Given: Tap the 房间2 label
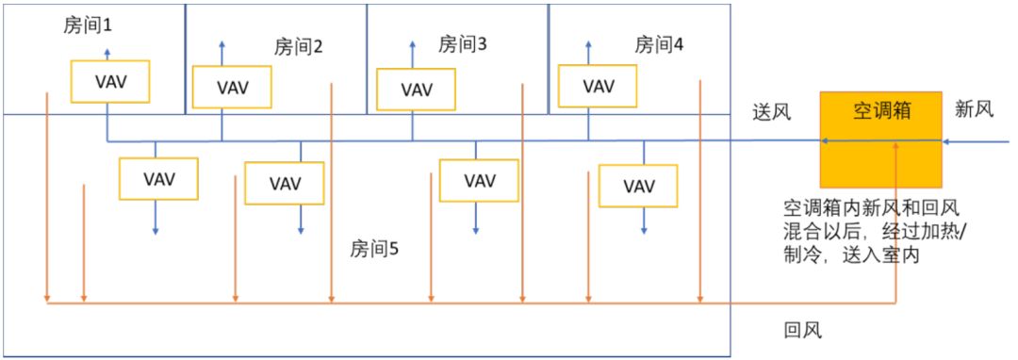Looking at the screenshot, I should [299, 46].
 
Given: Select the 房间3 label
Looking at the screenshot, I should [462, 44].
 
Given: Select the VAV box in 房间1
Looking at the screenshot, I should [111, 82].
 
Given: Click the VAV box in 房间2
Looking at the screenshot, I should [232, 87].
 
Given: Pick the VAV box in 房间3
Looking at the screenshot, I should [417, 90].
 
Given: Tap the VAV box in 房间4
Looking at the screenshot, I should [598, 86].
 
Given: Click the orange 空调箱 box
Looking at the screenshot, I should [880, 139].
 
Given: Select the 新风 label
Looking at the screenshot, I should [974, 109].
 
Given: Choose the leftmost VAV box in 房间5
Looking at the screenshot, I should [158, 178].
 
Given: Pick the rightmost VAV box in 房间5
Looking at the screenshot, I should [639, 185].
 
